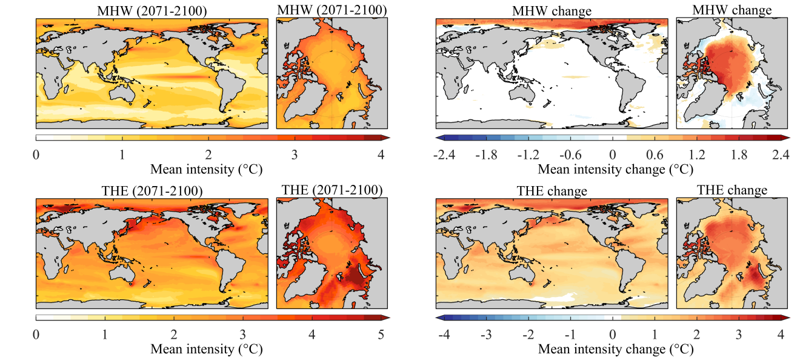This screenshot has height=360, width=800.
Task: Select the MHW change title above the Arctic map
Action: [732, 10]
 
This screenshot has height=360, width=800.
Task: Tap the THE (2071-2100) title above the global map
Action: [152, 191]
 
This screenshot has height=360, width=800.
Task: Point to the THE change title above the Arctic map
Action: [732, 190]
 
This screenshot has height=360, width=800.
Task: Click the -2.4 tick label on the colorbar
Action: [444, 155]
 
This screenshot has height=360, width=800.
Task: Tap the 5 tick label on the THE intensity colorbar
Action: [381, 334]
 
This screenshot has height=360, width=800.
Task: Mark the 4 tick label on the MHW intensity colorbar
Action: [381, 155]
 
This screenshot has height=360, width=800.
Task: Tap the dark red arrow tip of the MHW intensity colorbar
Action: [386, 138]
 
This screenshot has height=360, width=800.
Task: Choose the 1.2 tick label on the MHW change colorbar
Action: [696, 155]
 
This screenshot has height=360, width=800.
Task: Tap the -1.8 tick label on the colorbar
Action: [487, 155]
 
